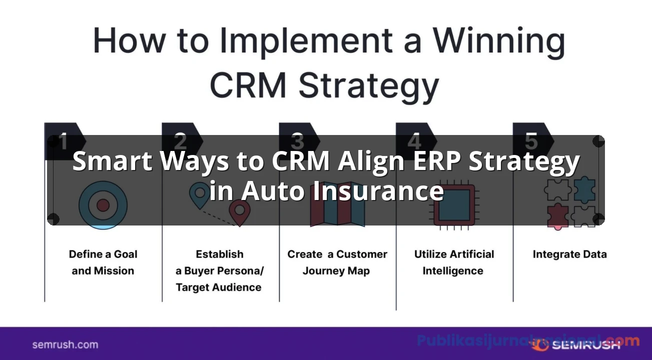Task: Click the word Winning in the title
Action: pos(499,41)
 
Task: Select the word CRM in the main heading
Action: pos(249,85)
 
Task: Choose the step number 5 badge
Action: pos(531,141)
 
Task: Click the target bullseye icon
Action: pos(103,205)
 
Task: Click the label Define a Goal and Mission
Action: pos(103,262)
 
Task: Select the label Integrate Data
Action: pos(569,254)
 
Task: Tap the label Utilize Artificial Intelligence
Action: pos(454,262)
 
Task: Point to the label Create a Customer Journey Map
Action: pos(337,262)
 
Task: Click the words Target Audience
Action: pos(219,287)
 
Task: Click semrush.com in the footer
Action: pos(65,344)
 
